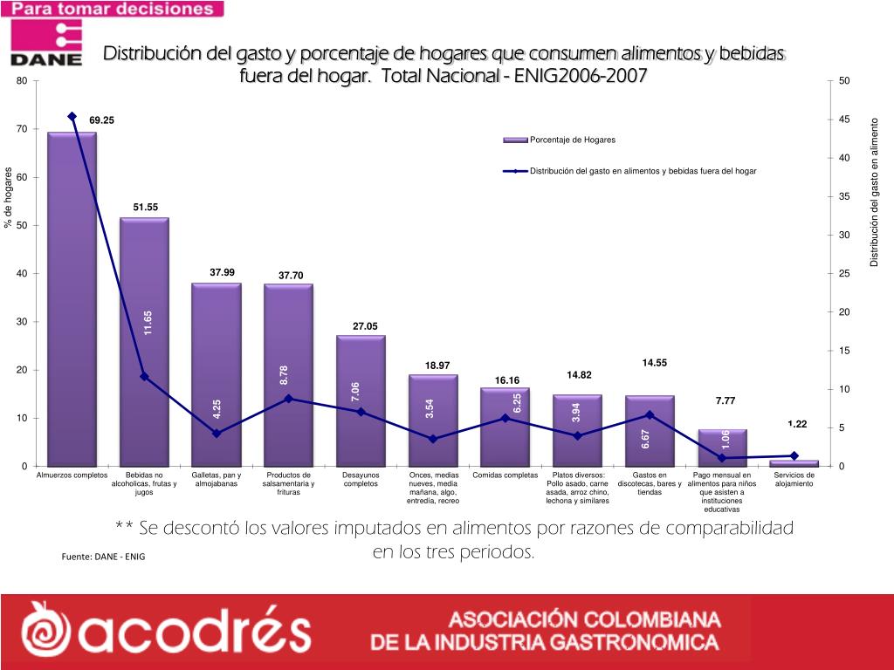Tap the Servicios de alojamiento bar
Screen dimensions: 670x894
794,462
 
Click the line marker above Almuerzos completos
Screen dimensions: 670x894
72,116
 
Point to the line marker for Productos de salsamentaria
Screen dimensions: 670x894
289,399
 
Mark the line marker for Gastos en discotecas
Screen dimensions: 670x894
650,414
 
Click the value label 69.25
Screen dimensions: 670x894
101,120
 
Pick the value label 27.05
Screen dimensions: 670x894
365,326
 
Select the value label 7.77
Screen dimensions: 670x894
726,400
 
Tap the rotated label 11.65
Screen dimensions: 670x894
148,323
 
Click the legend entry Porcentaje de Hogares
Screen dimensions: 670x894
572,140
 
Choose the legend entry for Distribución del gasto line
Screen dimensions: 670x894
642,171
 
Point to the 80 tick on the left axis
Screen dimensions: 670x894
22,81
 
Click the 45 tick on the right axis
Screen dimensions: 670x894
844,120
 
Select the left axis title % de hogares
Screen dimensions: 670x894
8,197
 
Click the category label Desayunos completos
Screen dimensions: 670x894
361,479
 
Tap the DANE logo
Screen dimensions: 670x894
46,44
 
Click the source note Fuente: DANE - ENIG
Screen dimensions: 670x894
103,557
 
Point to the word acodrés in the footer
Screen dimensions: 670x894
166,630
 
